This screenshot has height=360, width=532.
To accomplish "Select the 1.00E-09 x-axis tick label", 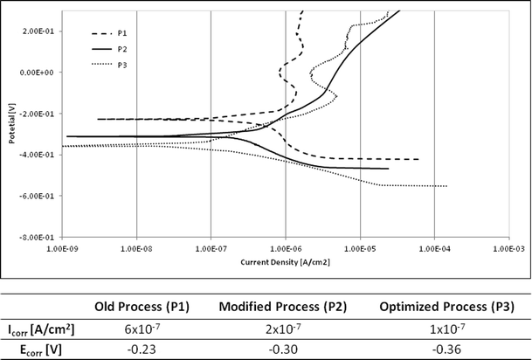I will [62, 248].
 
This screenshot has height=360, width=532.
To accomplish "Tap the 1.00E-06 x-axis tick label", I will [286, 248].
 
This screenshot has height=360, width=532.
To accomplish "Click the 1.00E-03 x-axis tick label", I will [508, 248].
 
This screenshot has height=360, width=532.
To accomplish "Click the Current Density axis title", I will [286, 260].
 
